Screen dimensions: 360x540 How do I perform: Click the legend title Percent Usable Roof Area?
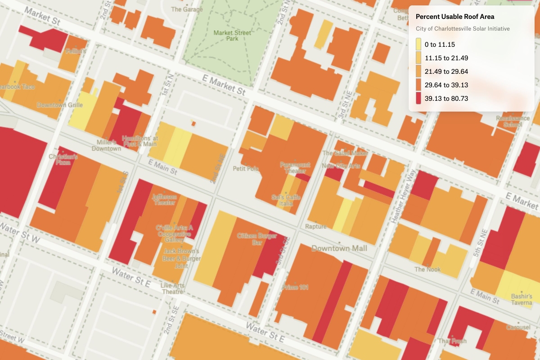[454, 17]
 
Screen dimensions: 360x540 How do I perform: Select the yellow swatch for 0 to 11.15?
[418, 44]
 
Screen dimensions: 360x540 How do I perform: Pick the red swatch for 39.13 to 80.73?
[418, 98]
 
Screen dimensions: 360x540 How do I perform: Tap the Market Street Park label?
[232, 36]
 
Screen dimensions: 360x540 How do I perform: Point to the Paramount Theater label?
[295, 167]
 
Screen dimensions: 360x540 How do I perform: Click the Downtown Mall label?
[339, 248]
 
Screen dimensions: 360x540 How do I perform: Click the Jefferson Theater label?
[164, 200]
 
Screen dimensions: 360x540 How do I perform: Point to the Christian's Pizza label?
[63, 159]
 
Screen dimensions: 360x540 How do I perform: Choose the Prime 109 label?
[295, 287]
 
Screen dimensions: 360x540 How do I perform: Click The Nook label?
[427, 270]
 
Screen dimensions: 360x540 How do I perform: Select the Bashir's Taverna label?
[522, 299]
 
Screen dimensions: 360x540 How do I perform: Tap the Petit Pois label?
[246, 169]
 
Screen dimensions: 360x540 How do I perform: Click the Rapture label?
[315, 226]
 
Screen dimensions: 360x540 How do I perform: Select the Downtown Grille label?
[60, 105]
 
